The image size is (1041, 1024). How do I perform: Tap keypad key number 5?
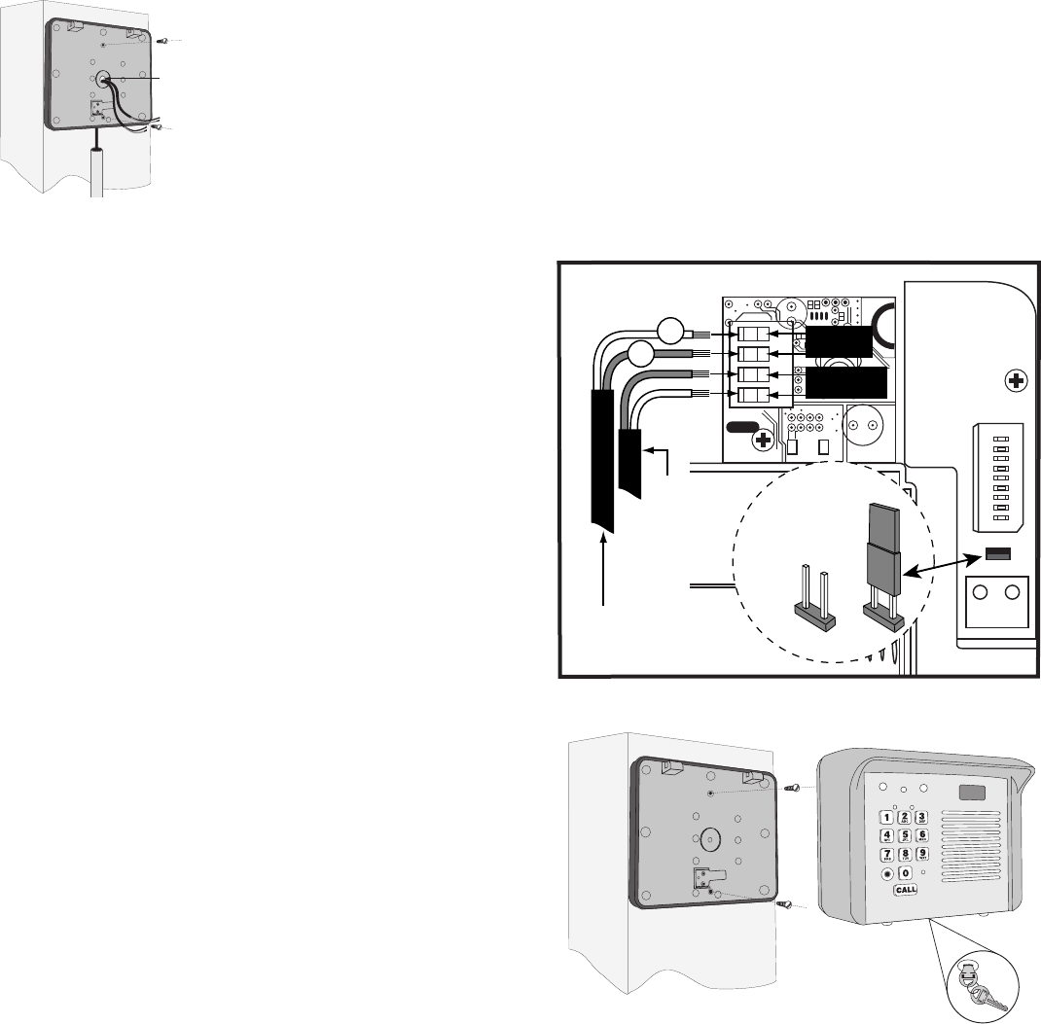click(905, 835)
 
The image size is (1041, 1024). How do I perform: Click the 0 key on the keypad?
click(905, 873)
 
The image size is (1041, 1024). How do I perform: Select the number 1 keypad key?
click(886, 817)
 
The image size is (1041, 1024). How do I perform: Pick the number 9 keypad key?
click(922, 854)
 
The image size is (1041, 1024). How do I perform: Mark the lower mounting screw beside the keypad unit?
click(784, 904)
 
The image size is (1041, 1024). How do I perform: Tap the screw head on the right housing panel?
click(1015, 381)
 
